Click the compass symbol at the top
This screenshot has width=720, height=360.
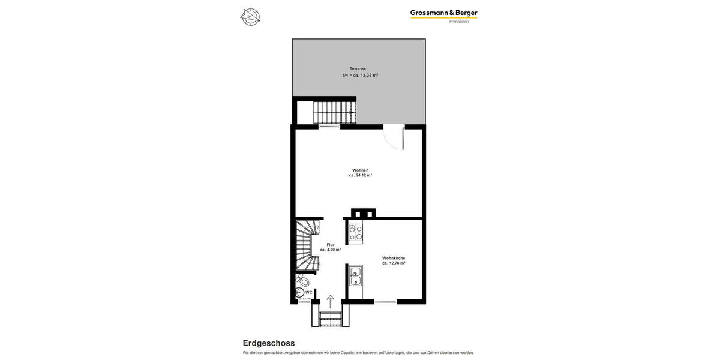[250, 17]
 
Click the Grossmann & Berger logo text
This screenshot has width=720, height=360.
[443, 13]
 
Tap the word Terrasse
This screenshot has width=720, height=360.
[358, 69]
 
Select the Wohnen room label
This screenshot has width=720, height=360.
[361, 170]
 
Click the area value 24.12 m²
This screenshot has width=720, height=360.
[361, 176]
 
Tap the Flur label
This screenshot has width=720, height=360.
[331, 245]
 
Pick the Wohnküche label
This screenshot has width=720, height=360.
[394, 258]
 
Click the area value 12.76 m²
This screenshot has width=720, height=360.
[394, 263]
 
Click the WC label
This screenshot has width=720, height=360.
[309, 292]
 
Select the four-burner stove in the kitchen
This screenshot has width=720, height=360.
[356, 232]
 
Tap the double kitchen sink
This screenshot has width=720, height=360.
[356, 275]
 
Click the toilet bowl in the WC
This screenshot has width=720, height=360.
[304, 280]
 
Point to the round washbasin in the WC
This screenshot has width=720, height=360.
[299, 293]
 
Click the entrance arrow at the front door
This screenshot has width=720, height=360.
[331, 301]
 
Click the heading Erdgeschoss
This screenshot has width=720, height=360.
[269, 343]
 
